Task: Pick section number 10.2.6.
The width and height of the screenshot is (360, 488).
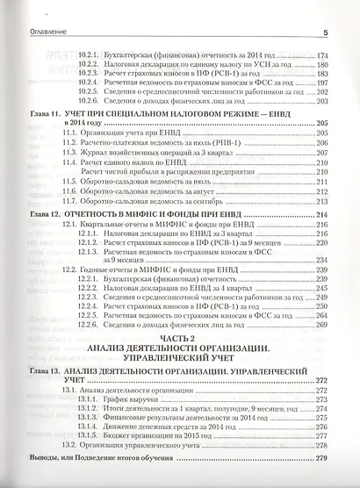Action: click(90, 104)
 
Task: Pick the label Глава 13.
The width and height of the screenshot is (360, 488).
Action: click(40, 371)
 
